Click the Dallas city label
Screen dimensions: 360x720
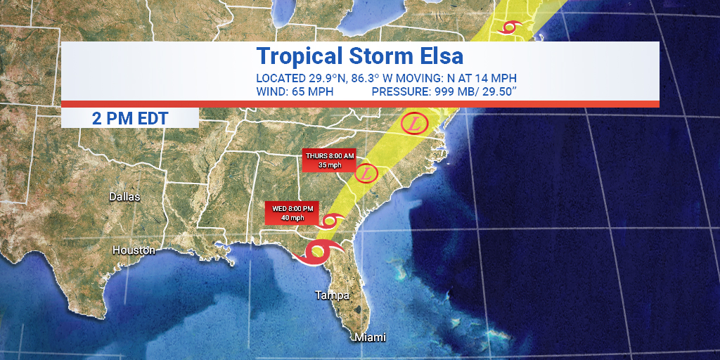point(124,197)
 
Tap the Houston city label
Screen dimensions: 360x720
point(134,250)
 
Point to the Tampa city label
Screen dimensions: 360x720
point(332,295)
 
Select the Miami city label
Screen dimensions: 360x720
point(370,337)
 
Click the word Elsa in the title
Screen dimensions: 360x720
point(437,56)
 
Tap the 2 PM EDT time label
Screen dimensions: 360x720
point(130,118)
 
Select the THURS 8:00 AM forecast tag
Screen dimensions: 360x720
point(330,160)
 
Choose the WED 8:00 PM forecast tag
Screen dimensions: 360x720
point(292,212)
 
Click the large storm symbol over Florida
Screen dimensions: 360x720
point(318,250)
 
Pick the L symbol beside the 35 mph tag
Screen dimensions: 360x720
point(366,173)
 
